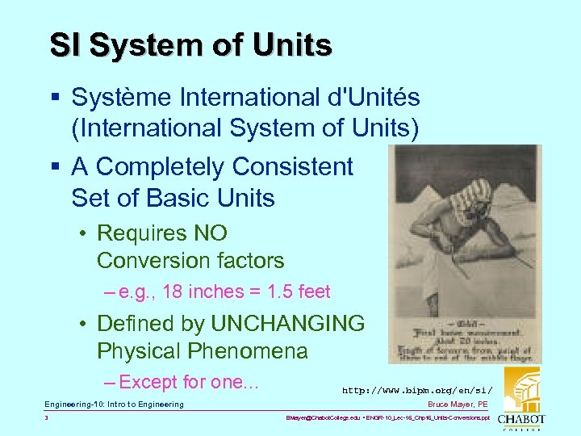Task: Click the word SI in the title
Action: [x=65, y=45]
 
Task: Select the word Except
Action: [x=148, y=382]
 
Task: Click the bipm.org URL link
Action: [x=417, y=391]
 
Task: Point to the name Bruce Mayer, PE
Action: [x=458, y=405]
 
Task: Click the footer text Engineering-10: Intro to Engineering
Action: [x=114, y=405]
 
